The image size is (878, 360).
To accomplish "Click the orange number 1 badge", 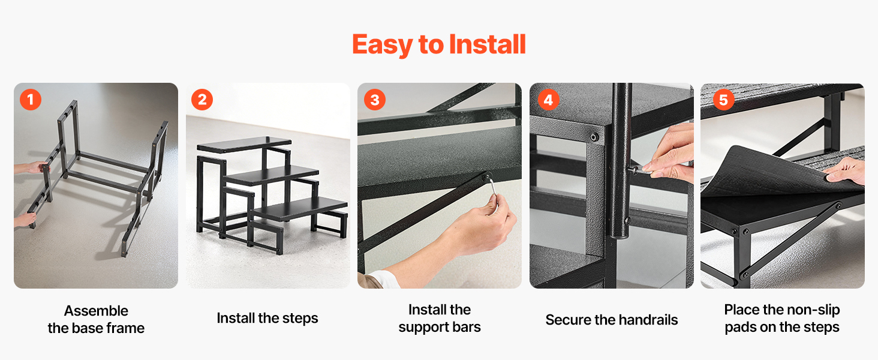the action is click(31, 100).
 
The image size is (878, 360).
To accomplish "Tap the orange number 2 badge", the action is click(202, 100).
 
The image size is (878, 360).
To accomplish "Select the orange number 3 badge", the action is click(375, 100).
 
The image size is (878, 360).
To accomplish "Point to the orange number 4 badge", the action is click(548, 100).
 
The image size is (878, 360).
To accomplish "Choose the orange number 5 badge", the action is click(723, 100).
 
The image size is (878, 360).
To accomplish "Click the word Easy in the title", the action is click(382, 45).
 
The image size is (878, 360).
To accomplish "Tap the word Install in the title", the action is click(487, 44).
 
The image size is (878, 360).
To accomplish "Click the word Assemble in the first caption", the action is click(96, 311).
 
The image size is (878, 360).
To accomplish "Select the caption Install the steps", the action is click(267, 318).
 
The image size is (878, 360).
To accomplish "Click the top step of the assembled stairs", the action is click(244, 145).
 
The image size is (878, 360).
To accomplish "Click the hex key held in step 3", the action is click(492, 191).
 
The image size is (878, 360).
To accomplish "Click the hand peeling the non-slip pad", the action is click(847, 171).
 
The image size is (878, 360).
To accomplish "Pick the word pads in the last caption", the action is click(741, 328).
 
